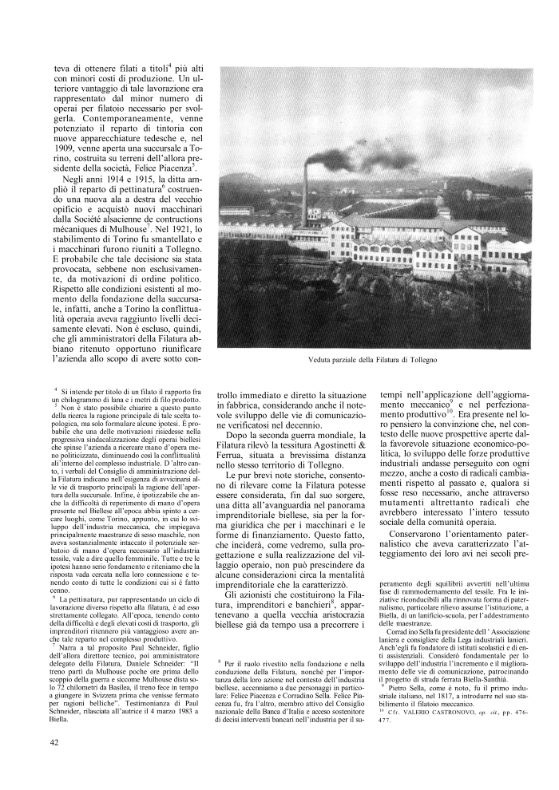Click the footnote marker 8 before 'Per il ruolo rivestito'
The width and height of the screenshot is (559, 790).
(x=220, y=662)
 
